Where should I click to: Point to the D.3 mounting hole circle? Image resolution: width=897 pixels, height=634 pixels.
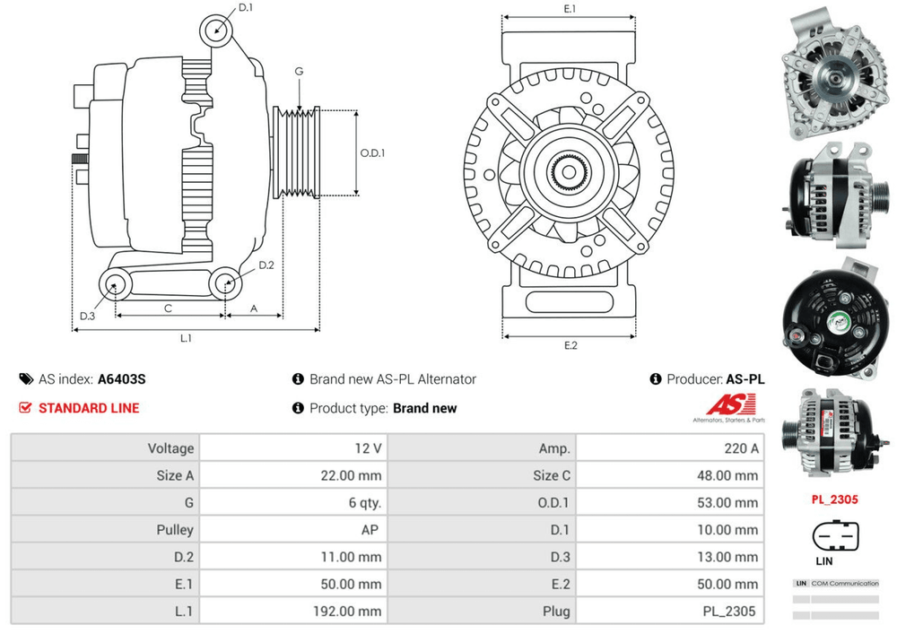[115, 286]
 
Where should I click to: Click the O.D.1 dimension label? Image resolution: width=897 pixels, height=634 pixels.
[372, 152]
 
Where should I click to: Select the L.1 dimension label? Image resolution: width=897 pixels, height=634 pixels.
[187, 338]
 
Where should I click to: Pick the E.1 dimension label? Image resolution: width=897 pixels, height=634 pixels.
[570, 9]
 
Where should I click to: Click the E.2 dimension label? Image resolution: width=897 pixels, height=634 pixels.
[570, 345]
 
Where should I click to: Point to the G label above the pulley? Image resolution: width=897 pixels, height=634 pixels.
[299, 72]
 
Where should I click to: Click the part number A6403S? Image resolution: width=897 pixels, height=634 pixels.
[122, 379]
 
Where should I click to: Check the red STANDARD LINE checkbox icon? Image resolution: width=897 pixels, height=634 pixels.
[25, 408]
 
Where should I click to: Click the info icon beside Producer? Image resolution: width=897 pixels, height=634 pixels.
[656, 379]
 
